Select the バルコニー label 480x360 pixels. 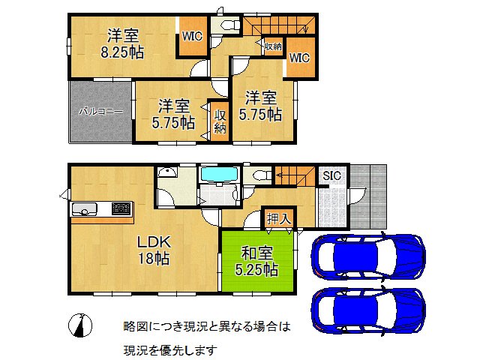[101, 111]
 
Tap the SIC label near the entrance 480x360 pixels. [331, 175]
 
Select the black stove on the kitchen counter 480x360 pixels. [121, 208]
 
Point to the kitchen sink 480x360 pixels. [82, 208]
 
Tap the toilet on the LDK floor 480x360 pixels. [260, 175]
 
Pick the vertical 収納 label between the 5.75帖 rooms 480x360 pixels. [220, 121]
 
